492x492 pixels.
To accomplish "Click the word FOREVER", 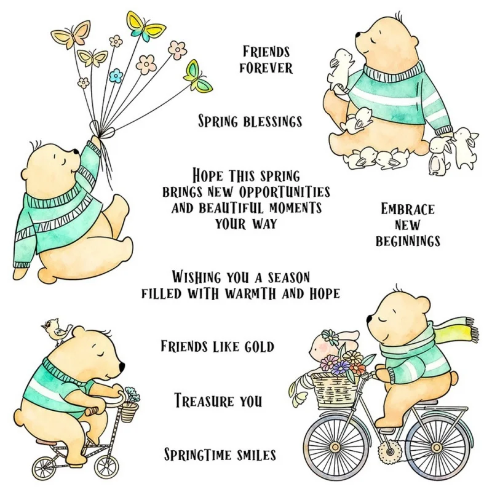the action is tap(266, 68).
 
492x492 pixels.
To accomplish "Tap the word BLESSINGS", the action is tap(272, 122).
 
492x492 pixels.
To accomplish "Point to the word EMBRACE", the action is tap(408, 209).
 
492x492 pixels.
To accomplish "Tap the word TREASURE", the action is tap(205, 401).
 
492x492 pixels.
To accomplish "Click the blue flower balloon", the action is tap(116, 76).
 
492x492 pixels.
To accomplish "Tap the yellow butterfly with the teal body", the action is tap(146, 26).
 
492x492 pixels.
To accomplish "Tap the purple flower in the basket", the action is tap(342, 367).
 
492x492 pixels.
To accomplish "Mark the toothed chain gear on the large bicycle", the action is tap(389, 452).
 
